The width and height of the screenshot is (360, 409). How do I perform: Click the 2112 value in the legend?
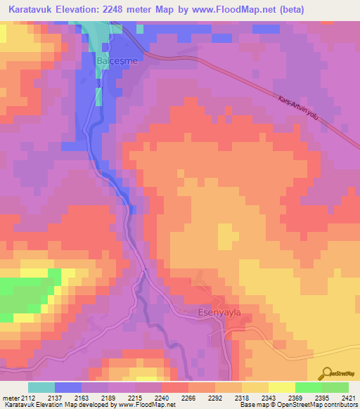tap(26, 398)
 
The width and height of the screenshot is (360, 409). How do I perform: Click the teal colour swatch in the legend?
tap(41, 387)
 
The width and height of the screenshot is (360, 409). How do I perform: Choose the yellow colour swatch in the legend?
tap(281, 387)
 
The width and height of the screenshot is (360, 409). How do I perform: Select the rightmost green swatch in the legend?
tap(335, 387)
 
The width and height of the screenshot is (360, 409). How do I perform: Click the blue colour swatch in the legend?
tap(68, 387)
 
